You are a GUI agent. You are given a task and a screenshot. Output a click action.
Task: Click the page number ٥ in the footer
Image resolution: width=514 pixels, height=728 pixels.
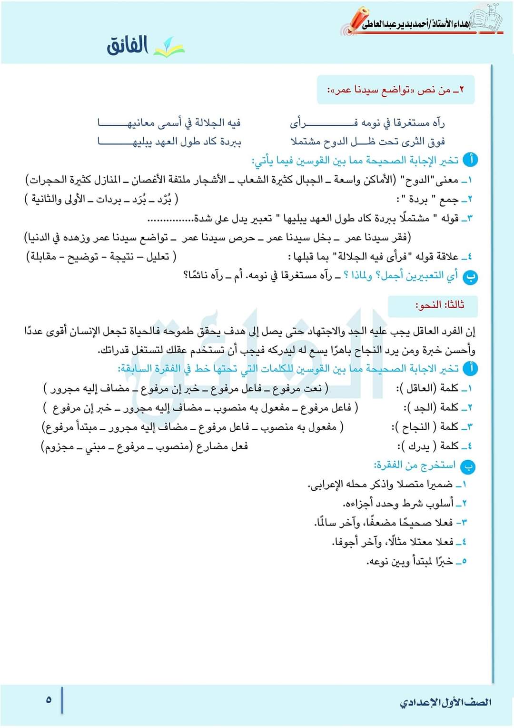click(49, 700)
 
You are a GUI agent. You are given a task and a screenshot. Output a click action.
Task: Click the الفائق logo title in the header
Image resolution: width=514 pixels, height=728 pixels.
click(128, 46)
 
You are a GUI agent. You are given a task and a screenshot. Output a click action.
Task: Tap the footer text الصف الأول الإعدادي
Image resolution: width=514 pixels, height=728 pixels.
click(445, 702)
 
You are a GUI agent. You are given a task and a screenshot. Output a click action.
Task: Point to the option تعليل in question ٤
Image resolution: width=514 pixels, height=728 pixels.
click(158, 257)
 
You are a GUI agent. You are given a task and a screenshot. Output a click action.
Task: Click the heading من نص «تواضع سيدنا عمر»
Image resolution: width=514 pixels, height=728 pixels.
click(395, 90)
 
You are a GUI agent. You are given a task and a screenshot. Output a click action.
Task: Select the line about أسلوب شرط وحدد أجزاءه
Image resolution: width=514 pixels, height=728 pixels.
click(399, 503)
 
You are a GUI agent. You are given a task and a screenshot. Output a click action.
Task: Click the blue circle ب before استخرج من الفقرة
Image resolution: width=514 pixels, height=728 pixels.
click(468, 466)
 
